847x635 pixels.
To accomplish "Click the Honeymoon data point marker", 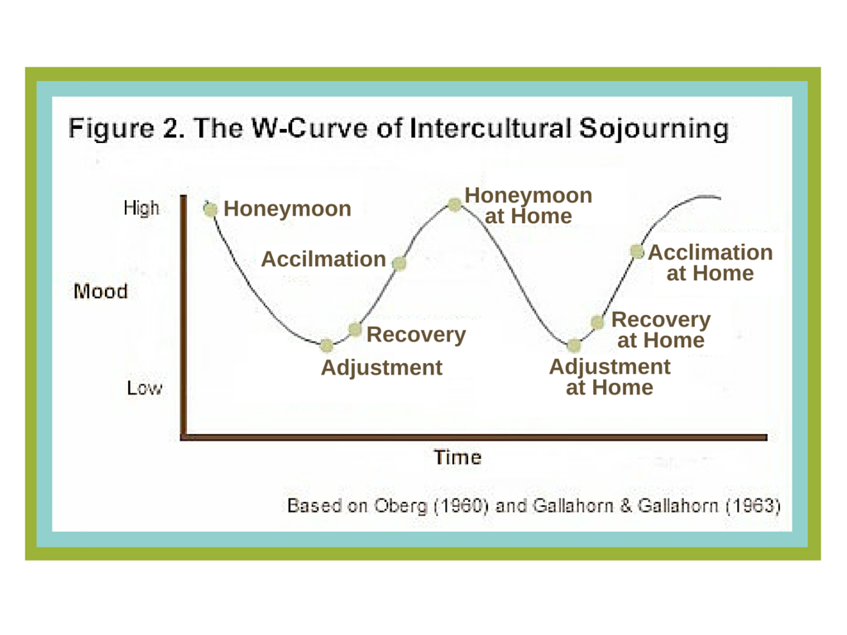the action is coord(210,209).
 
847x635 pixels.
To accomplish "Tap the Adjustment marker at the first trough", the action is coord(326,345).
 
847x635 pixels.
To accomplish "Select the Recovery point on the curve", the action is coord(355,329).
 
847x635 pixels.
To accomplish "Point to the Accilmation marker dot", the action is coord(400,263).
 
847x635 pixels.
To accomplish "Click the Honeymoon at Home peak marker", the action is coord(455,204).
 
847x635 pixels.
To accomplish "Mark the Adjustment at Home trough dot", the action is coord(574,345).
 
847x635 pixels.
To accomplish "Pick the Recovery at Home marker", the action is coord(597,322).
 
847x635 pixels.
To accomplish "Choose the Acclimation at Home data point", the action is coord(638,251).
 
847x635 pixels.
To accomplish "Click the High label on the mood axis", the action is coord(141,208).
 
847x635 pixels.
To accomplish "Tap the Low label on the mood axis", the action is coord(144,388).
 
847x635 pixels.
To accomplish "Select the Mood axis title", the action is coord(101,292).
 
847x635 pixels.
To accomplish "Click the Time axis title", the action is coord(457,457).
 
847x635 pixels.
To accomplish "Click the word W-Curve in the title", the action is coord(310,128).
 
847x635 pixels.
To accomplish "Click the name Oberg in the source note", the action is coord(400,507).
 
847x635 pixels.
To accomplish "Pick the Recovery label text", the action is coord(416,335).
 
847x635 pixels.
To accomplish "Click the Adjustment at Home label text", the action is coord(610,377).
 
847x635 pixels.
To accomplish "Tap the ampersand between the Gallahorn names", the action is coord(625,506).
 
